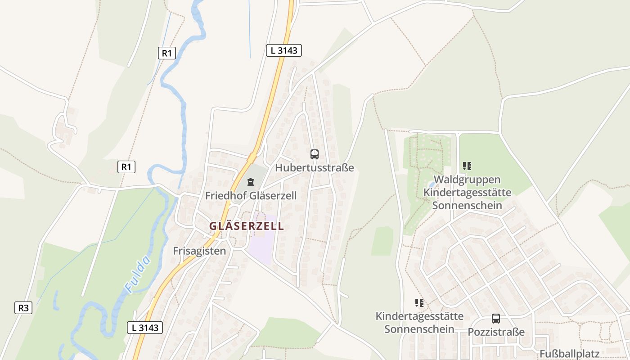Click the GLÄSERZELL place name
247,226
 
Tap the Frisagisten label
199,251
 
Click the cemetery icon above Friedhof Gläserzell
251,182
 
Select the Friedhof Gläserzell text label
251,196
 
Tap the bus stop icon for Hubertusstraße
315,154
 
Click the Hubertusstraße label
315,168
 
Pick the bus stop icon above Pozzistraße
496,319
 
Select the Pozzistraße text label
496,332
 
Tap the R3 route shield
23,308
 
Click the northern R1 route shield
166,53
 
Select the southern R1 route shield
126,167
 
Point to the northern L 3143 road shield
283,50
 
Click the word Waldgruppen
467,180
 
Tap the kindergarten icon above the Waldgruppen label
467,166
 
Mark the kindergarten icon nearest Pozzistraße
419,303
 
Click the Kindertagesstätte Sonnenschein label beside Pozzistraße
419,322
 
